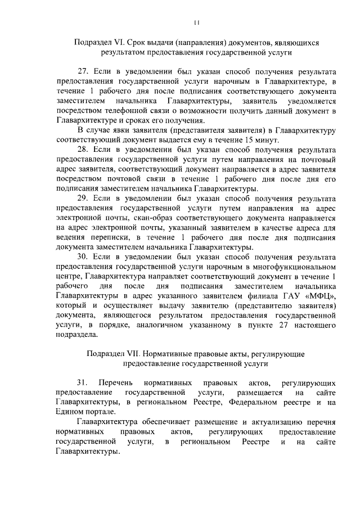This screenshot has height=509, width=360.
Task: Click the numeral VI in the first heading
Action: [x=121, y=43]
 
